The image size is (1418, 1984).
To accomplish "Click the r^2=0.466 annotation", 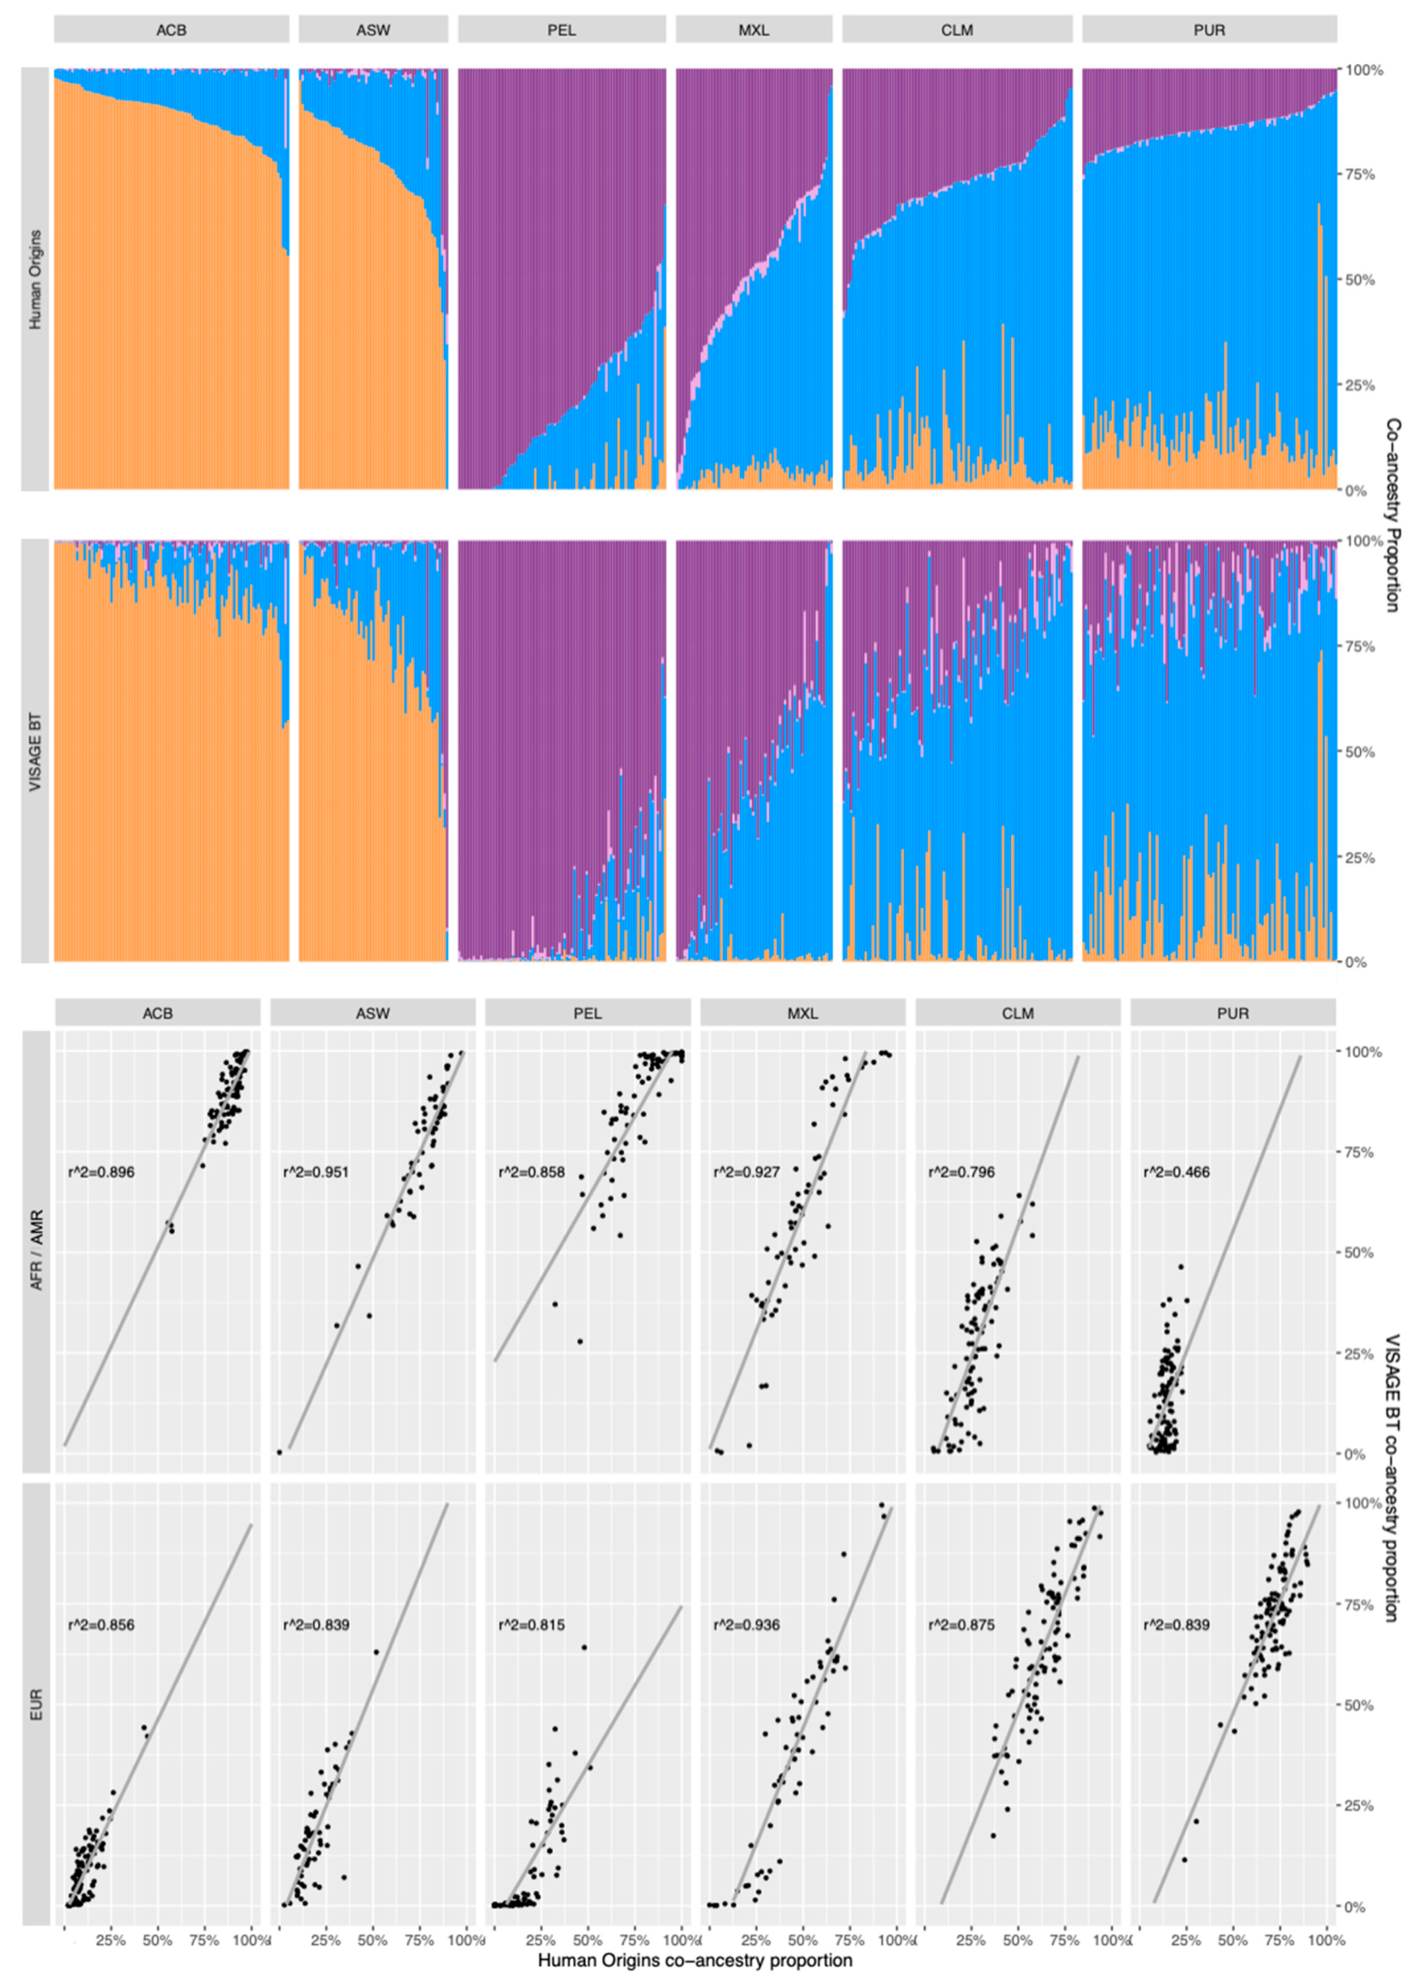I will click(x=1176, y=1172).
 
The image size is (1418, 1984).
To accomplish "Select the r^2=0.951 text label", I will click(x=315, y=1172).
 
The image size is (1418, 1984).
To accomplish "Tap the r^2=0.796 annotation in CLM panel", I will click(x=961, y=1172).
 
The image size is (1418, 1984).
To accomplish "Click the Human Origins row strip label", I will click(x=35, y=279).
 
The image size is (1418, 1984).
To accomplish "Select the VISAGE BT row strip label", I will click(x=35, y=751).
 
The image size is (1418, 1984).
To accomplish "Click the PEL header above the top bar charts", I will click(x=561, y=30).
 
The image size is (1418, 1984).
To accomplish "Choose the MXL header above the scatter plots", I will click(x=803, y=1013).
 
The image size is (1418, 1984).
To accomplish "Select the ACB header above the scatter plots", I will click(x=158, y=1013).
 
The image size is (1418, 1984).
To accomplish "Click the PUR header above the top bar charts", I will click(x=1210, y=30).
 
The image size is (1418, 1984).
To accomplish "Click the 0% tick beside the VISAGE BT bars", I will click(x=1356, y=962).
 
